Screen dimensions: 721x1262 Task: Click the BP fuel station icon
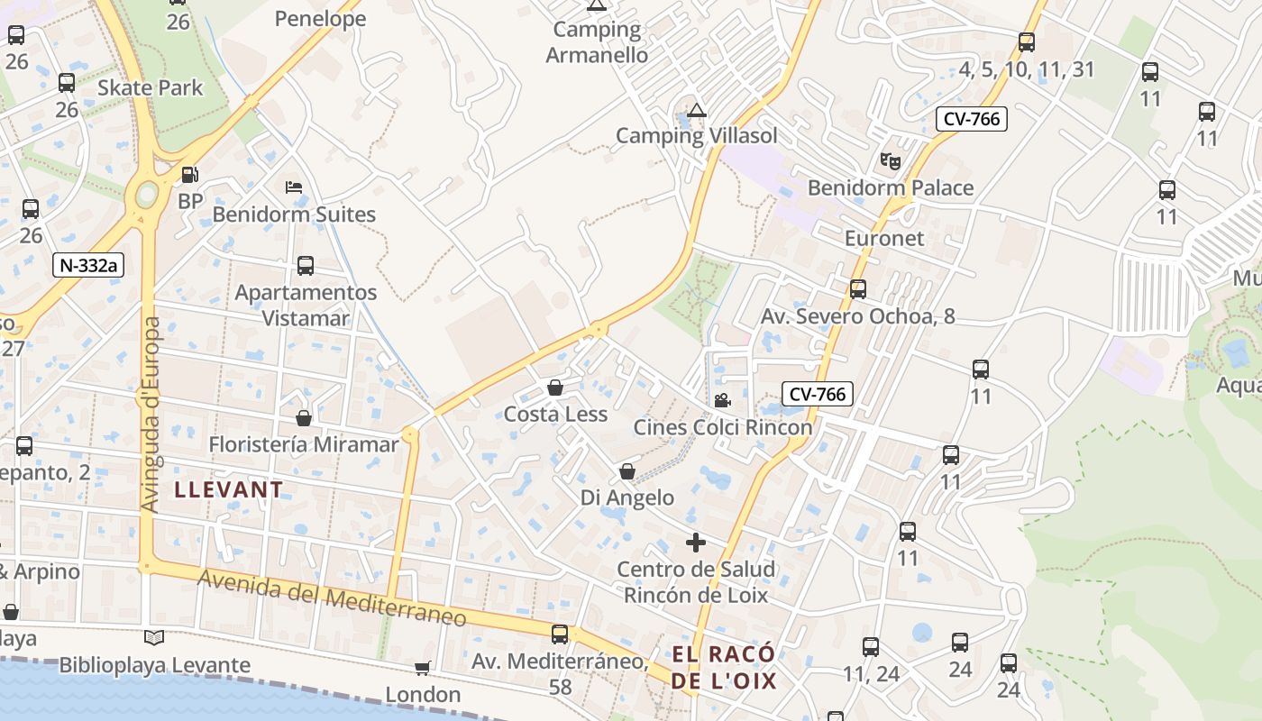tap(189, 174)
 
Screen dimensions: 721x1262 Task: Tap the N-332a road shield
tap(88, 265)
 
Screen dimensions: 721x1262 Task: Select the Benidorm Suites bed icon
tap(294, 187)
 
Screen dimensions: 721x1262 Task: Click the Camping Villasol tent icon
tap(696, 111)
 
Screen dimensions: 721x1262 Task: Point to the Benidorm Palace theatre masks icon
tap(891, 161)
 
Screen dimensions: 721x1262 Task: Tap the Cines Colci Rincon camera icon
tap(722, 400)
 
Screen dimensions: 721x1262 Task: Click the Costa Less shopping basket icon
tap(555, 388)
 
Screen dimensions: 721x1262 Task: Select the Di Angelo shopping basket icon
tap(627, 471)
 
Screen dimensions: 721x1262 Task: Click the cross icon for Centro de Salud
tap(696, 543)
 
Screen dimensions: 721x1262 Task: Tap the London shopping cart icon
tap(423, 668)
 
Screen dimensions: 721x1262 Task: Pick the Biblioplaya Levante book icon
tap(155, 638)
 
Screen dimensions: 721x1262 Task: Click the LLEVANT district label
tap(229, 490)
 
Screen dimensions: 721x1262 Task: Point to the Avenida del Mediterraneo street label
tap(333, 597)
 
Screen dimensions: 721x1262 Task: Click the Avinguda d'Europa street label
tap(151, 415)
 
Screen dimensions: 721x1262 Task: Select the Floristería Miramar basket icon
tap(304, 418)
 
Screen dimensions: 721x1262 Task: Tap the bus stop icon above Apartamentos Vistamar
tap(306, 266)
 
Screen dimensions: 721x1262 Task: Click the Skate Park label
tap(151, 88)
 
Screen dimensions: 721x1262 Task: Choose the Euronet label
tap(884, 239)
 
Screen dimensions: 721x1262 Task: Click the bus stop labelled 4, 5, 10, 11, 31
tap(1026, 42)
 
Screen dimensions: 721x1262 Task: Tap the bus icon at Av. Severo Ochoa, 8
tap(858, 289)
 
